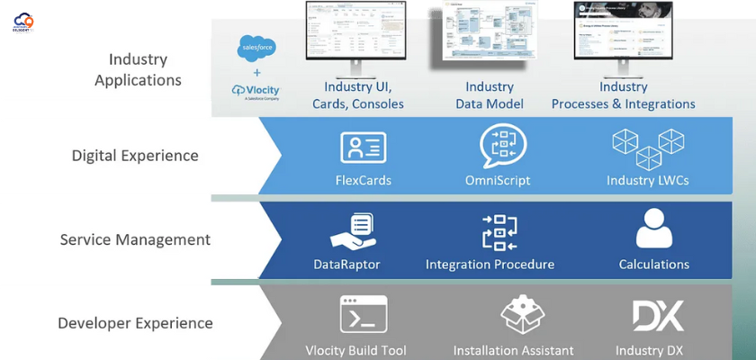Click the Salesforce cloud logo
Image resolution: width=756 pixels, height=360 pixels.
pos(256,47)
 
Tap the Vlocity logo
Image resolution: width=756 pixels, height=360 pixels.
pos(256,92)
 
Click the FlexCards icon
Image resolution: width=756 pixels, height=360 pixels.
pos(363,148)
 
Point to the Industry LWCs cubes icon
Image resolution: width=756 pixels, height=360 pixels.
pos(647,148)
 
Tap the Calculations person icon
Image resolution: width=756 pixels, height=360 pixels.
pos(654,229)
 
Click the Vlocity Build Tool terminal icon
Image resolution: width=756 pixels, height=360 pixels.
pos(363,315)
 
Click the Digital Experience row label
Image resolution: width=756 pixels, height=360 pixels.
pos(135,156)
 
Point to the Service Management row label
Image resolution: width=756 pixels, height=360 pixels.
pos(135,240)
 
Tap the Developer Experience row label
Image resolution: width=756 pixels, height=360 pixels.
pos(135,323)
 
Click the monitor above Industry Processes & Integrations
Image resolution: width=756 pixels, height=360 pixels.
pos(623,34)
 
